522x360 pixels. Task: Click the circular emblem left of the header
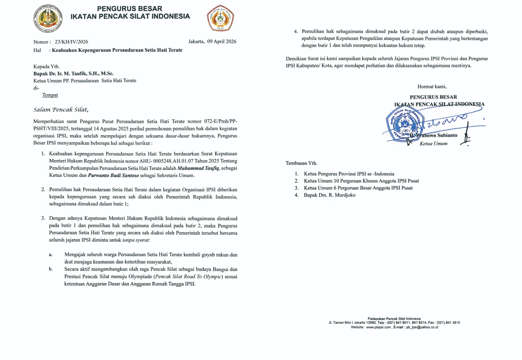(48, 18)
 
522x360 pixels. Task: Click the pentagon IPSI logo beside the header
(220, 18)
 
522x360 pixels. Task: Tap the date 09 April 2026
(222, 41)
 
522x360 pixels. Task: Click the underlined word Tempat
(50, 95)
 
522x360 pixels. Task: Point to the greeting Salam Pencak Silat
(61, 110)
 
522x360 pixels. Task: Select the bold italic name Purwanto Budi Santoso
(113, 175)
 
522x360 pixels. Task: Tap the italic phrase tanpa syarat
(136, 240)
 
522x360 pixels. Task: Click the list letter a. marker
(51, 255)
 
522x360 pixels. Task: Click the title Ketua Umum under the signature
(433, 144)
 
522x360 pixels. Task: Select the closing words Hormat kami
(432, 87)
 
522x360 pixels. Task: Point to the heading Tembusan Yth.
(301, 163)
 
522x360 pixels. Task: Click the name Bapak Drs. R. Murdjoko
(330, 195)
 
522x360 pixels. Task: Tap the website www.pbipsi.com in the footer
(378, 327)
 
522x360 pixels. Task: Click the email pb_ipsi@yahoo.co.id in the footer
(422, 327)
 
